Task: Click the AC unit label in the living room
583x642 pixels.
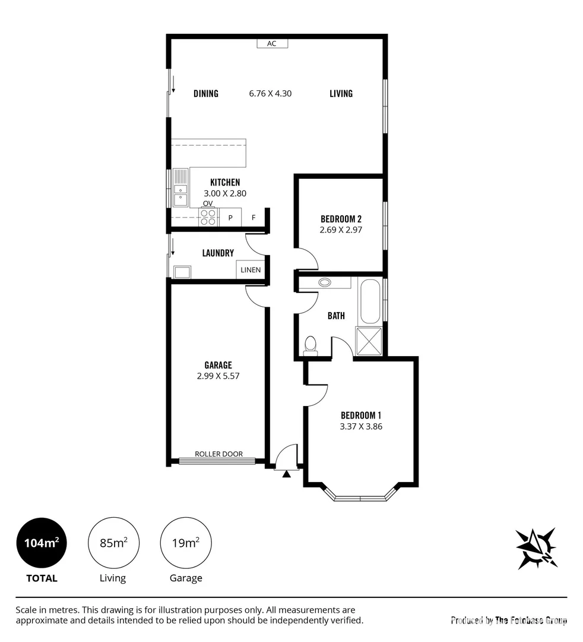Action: click(x=272, y=43)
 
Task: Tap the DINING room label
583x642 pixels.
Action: click(x=206, y=93)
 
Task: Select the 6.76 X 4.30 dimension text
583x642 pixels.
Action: click(x=270, y=93)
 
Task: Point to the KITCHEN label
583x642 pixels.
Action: click(x=225, y=182)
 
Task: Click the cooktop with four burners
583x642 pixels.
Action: click(x=208, y=217)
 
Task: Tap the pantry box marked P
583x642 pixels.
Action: click(x=230, y=218)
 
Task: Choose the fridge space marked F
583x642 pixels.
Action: click(x=254, y=218)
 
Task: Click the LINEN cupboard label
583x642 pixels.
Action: click(x=251, y=270)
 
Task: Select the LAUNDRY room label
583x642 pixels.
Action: click(x=218, y=253)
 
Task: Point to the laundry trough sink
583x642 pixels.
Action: click(x=182, y=272)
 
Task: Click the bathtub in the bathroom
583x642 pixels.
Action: click(x=370, y=301)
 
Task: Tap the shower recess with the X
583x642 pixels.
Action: click(x=369, y=341)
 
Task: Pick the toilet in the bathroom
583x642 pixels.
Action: click(x=310, y=346)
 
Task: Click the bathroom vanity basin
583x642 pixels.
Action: click(x=325, y=282)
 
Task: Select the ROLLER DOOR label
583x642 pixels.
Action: click(x=218, y=454)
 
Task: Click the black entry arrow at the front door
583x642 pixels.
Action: click(x=287, y=474)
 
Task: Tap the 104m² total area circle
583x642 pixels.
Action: click(x=42, y=543)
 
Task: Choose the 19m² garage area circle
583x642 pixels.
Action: click(x=186, y=543)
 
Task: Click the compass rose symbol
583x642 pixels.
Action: click(x=537, y=549)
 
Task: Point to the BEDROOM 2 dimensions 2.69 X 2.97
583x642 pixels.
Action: click(x=341, y=229)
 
